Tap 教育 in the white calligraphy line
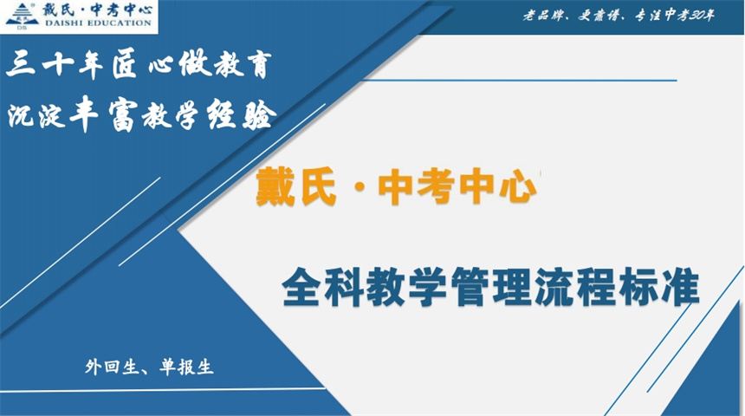(241, 66)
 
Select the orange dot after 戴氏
(357, 189)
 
